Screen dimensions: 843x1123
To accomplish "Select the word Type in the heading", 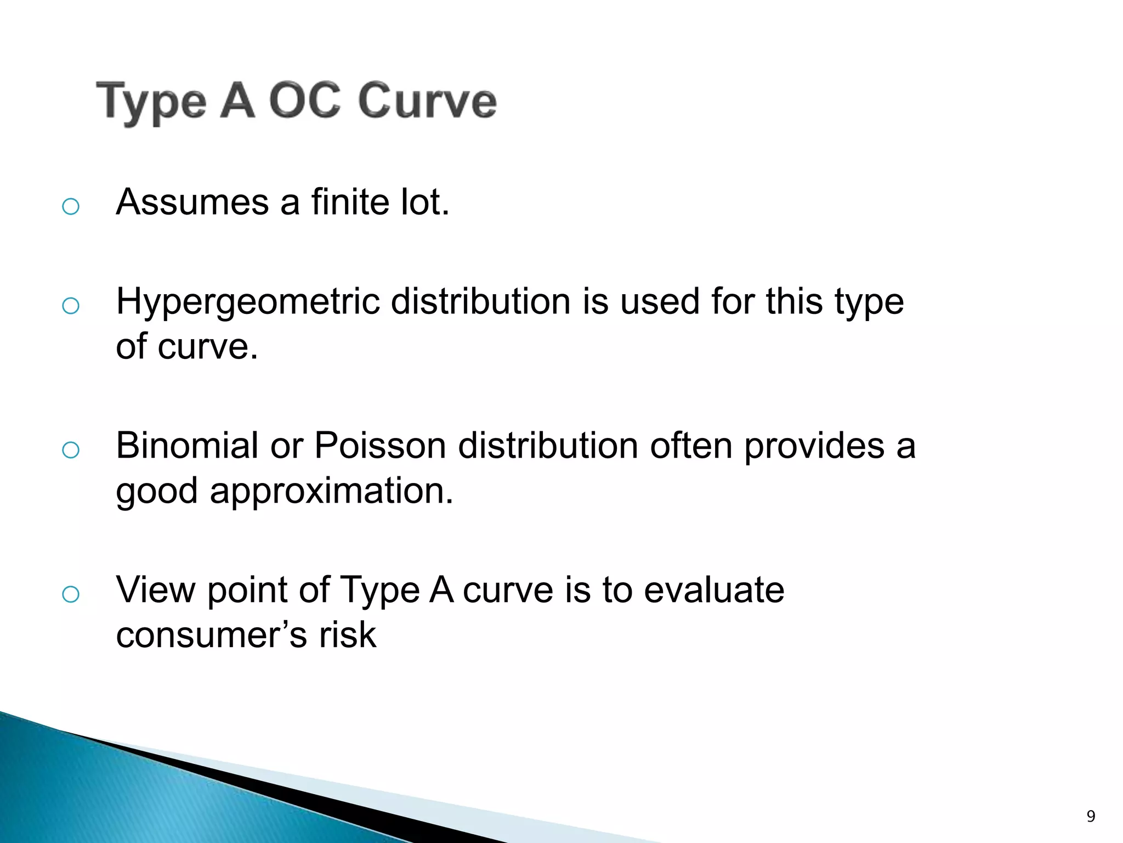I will [151, 103].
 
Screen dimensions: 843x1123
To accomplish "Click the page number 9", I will [1091, 816].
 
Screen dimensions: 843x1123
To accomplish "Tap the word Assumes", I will [192, 203].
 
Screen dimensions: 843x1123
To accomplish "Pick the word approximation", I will [331, 491].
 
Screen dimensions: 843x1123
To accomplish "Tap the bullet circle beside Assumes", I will [71, 207].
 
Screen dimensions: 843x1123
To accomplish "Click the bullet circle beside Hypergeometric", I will [71, 306].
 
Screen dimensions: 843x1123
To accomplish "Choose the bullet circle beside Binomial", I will [71, 450].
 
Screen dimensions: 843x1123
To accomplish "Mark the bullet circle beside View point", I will [71, 594].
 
